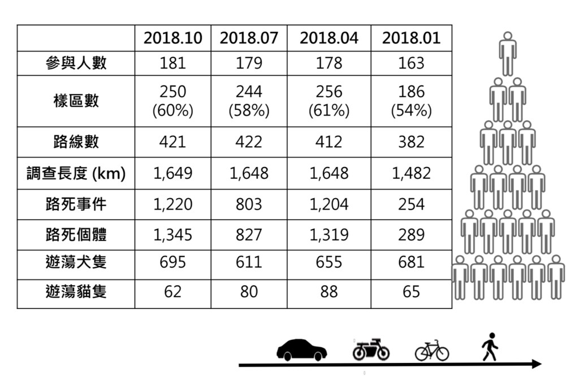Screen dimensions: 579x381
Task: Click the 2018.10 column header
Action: tap(173, 38)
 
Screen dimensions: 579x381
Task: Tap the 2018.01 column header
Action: tap(412, 38)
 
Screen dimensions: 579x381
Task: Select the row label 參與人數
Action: tap(76, 63)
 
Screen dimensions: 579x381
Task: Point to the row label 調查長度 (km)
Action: tap(76, 173)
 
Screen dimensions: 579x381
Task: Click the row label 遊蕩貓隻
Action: tap(76, 292)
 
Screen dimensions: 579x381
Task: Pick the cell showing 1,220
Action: tap(173, 204)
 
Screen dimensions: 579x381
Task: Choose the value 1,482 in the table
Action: tap(412, 173)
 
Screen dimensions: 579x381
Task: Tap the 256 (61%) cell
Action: tap(329, 101)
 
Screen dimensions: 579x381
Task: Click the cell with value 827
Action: tap(249, 235)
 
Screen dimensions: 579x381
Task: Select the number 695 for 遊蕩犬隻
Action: tap(173, 262)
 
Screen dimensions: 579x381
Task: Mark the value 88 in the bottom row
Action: tap(329, 292)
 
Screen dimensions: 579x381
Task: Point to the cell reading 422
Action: tap(249, 142)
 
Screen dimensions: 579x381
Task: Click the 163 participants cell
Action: tap(412, 63)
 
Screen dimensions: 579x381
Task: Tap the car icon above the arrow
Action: tap(302, 350)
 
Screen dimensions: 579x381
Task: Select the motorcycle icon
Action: tap(371, 349)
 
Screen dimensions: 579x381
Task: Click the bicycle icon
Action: tap(432, 350)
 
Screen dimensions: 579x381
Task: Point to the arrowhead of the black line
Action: tap(537, 364)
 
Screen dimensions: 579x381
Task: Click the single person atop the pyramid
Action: tap(508, 54)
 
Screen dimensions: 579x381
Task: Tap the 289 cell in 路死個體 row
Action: tap(412, 235)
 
